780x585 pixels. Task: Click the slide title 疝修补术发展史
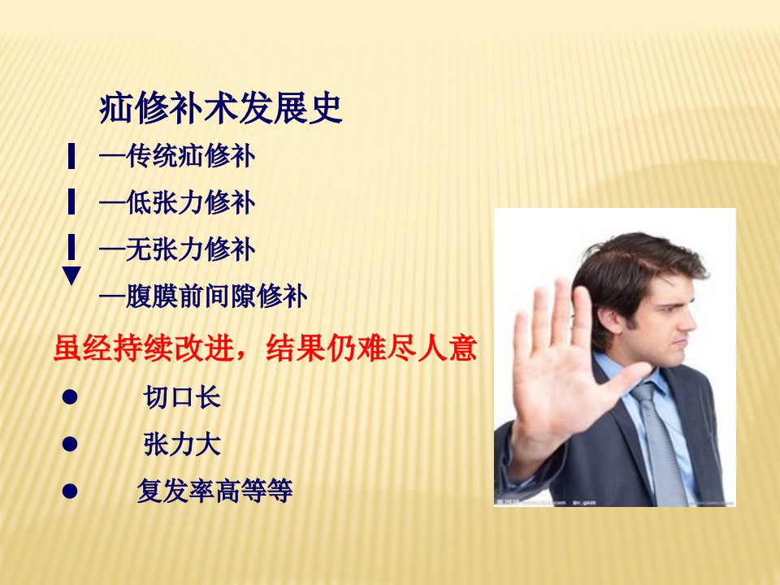221,107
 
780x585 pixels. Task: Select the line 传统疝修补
177,156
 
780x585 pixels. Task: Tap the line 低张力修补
177,202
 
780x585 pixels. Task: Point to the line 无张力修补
177,249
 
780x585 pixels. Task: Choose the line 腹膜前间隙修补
203,297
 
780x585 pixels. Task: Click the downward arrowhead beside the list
71,275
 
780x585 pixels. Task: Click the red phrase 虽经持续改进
144,348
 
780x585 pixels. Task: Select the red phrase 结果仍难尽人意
371,348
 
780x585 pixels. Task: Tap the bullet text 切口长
181,397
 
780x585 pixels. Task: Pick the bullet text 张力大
181,444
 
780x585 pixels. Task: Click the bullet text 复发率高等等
214,491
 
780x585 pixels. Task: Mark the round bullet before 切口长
70,397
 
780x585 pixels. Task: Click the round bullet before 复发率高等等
70,491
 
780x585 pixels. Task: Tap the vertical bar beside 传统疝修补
71,156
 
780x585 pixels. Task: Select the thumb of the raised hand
628,380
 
